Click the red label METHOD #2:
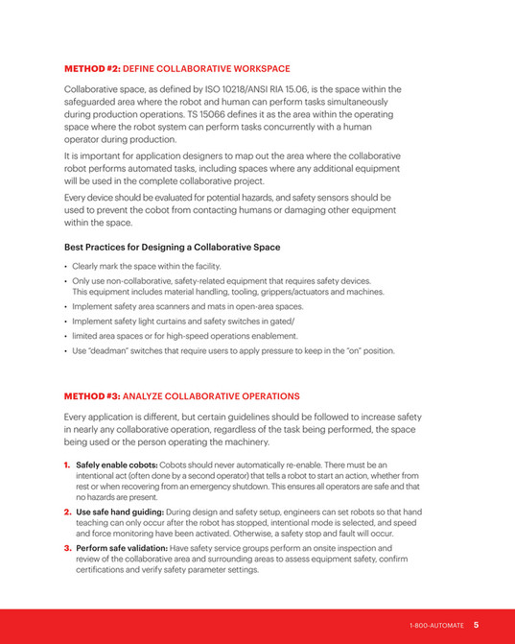[x=93, y=69]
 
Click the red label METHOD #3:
[x=93, y=395]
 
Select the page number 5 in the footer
[x=476, y=625]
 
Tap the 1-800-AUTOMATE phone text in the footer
[x=436, y=625]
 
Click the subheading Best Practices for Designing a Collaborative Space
[x=172, y=248]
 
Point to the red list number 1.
[x=67, y=465]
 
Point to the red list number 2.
[x=67, y=513]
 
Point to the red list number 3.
[x=67, y=549]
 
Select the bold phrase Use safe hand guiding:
[x=121, y=513]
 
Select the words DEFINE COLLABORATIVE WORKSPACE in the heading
[x=206, y=69]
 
